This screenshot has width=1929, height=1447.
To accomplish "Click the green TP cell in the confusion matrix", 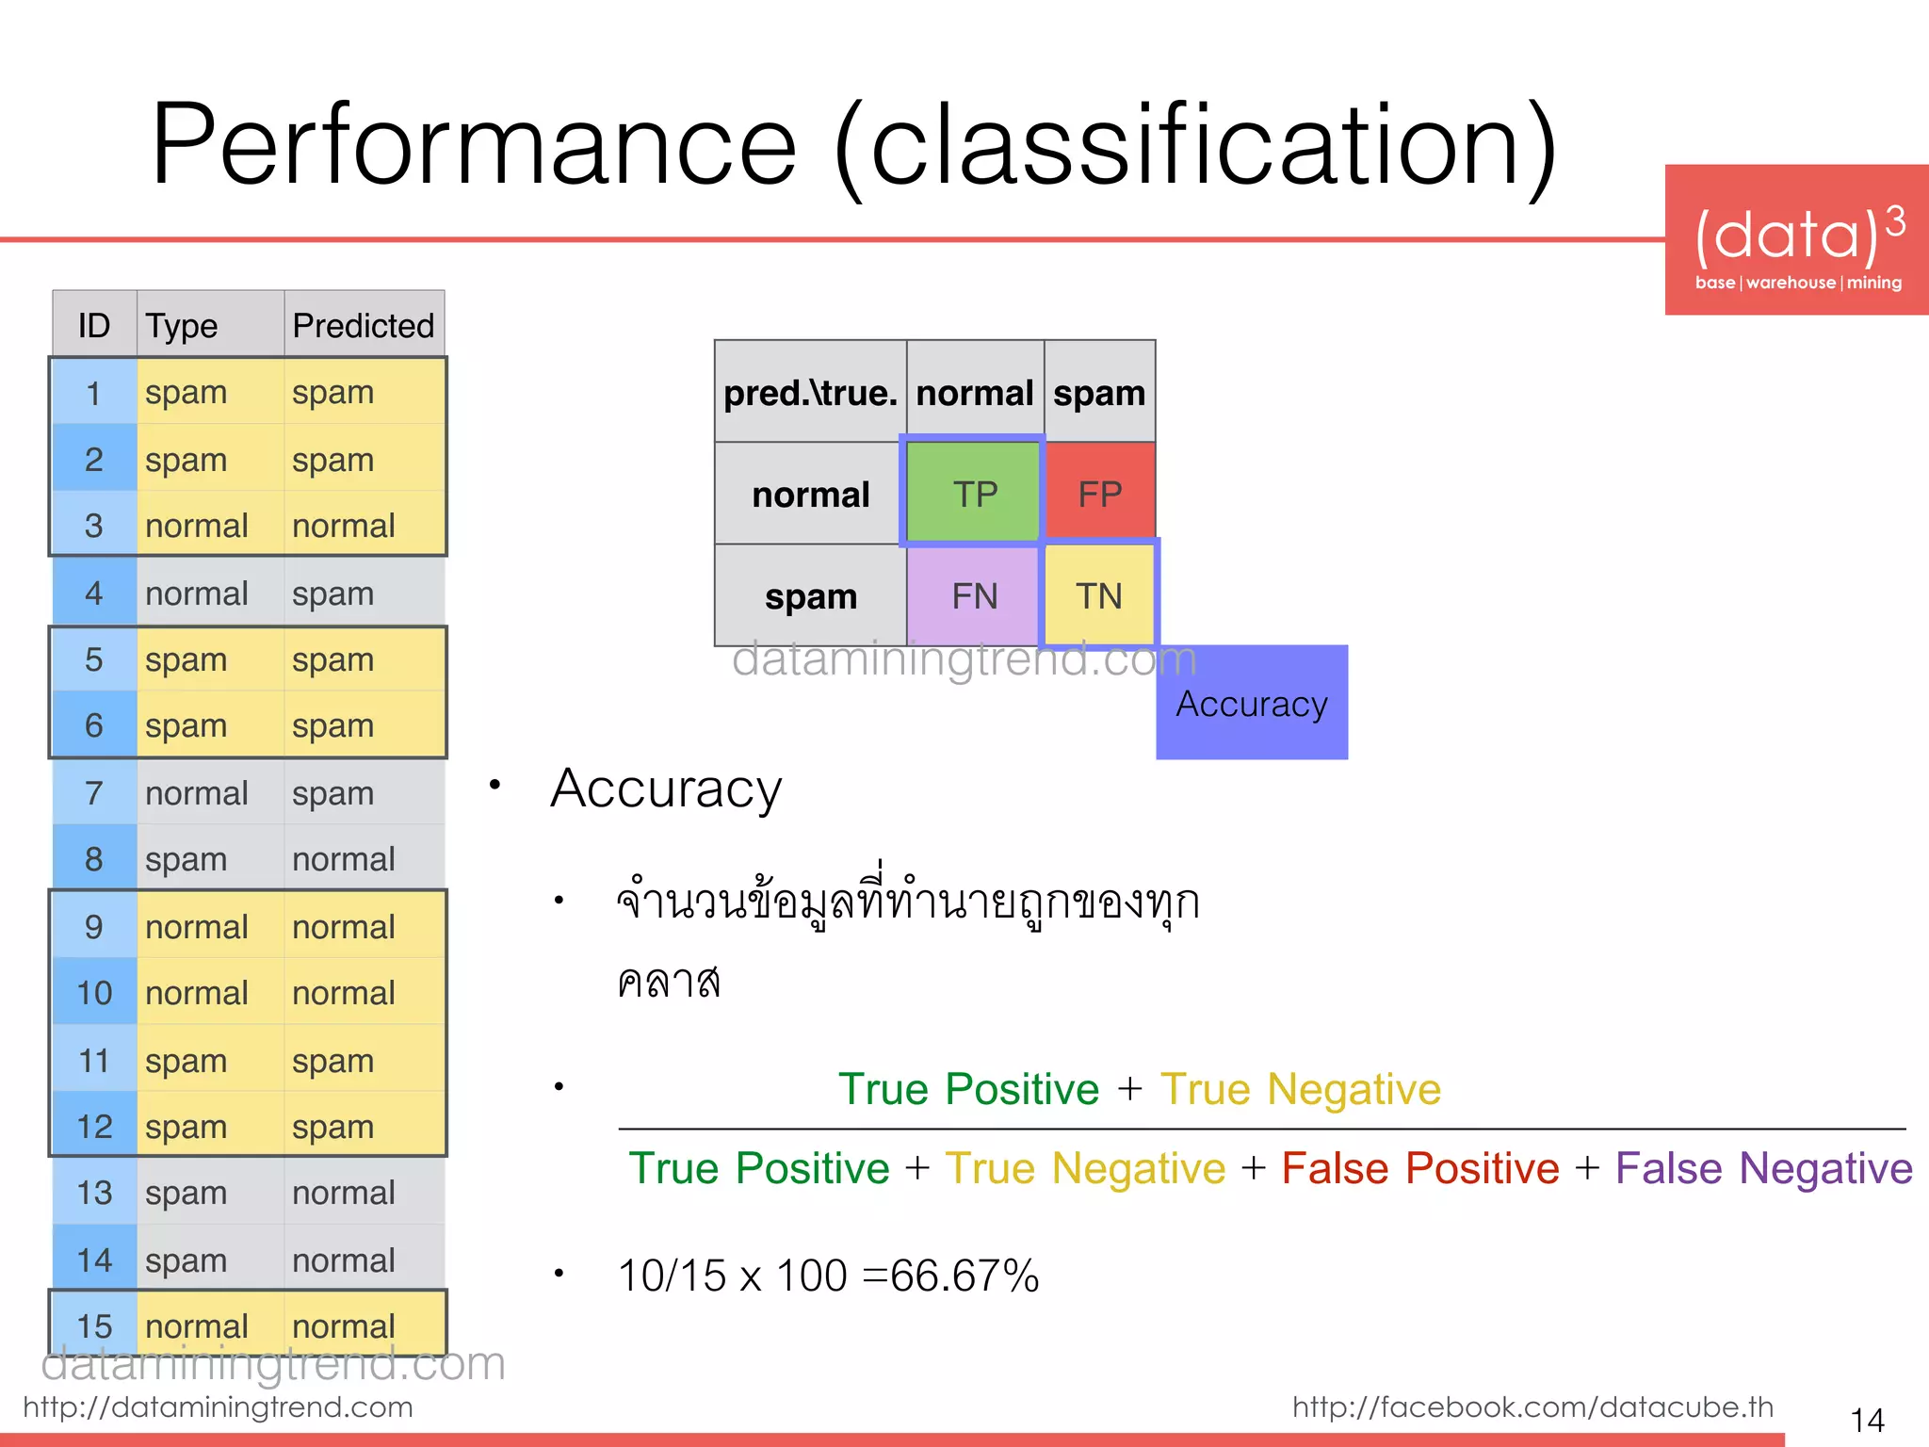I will click(x=974, y=494).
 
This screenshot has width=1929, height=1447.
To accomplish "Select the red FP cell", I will click(x=1099, y=494).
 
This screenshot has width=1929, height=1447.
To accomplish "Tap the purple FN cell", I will click(x=974, y=596).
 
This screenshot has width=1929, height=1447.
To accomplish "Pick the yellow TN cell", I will click(x=1099, y=596).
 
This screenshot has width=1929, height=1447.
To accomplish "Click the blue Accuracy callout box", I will click(x=1252, y=703).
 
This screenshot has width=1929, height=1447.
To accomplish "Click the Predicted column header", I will click(x=364, y=326).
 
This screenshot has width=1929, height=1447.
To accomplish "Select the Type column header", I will click(x=182, y=326).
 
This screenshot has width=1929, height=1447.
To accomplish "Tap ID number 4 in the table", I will click(x=93, y=593).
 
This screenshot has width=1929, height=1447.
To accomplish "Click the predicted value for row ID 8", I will click(x=343, y=859).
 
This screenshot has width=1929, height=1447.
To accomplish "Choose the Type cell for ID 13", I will click(x=186, y=1193).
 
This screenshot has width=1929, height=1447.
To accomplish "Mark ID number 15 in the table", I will click(x=94, y=1326).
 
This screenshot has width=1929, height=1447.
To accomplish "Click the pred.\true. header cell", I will click(x=810, y=393).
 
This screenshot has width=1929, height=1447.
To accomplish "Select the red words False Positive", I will click(x=1420, y=1168).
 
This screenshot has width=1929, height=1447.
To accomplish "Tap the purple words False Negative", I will click(x=1763, y=1168).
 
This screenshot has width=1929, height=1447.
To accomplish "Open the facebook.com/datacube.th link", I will click(x=1532, y=1406).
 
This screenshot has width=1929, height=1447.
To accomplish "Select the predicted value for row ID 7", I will click(x=332, y=793).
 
